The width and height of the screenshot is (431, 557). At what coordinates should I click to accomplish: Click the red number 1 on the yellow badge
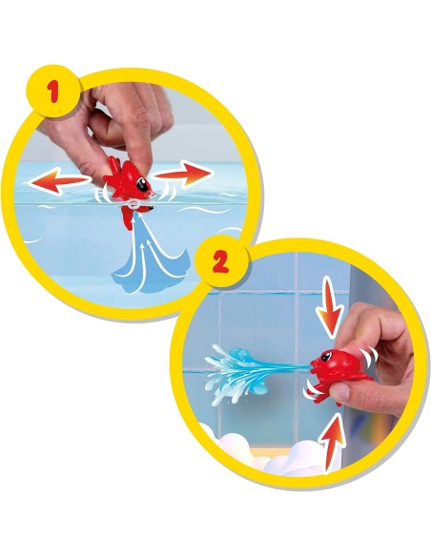53,91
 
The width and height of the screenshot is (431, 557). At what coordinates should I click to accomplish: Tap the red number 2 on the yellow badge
220,263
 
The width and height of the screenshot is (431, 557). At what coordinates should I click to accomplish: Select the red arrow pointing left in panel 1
59,181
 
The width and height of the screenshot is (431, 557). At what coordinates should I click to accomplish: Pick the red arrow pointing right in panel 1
184,175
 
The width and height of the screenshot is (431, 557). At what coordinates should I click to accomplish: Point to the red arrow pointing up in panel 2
332,444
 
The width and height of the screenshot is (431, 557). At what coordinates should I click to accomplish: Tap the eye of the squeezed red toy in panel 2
326,356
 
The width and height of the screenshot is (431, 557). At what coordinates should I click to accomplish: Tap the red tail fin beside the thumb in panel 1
113,165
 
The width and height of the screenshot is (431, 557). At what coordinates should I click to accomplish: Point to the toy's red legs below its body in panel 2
320,391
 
